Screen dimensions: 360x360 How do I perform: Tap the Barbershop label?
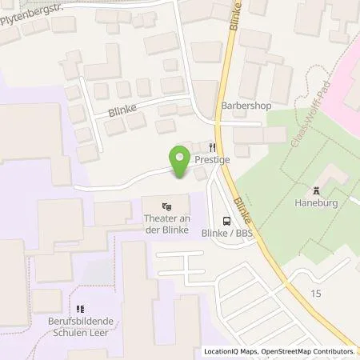242,104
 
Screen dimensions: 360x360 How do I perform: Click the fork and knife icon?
213,147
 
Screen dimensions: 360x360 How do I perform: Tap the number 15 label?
317,294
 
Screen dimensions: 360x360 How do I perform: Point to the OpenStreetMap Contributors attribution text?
310,351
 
